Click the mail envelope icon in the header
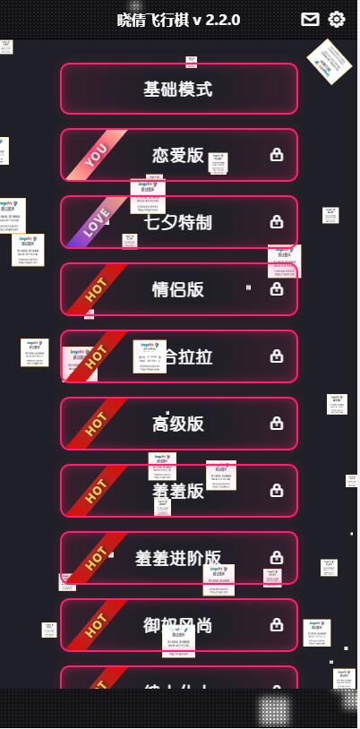(310, 20)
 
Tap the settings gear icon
(337, 20)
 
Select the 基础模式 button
(178, 89)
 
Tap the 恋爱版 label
(178, 155)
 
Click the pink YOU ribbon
(95, 155)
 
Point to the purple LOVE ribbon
(96, 221)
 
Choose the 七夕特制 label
(178, 222)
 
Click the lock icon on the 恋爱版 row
(277, 155)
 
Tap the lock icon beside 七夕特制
(277, 222)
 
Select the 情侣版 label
(178, 289)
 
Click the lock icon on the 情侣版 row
(277, 289)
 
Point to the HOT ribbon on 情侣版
(95, 288)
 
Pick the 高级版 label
(178, 424)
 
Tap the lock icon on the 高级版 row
(277, 424)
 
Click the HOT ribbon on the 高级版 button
(95, 423)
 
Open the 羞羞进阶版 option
(178, 558)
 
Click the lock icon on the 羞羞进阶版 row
(277, 558)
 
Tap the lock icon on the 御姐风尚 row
(277, 625)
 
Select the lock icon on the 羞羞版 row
(277, 491)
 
